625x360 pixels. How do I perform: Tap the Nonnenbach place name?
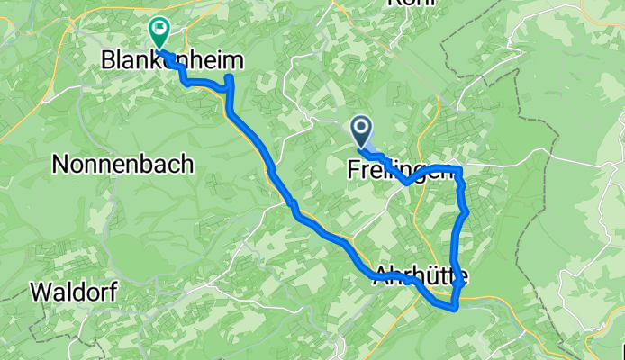tap(122, 164)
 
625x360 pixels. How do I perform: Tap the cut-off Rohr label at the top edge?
tap(411, 4)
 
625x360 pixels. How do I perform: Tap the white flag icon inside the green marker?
tap(159, 28)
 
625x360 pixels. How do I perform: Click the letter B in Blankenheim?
tap(108, 60)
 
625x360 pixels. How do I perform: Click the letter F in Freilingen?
tap(353, 168)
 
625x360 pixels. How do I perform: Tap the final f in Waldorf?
tap(113, 292)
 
